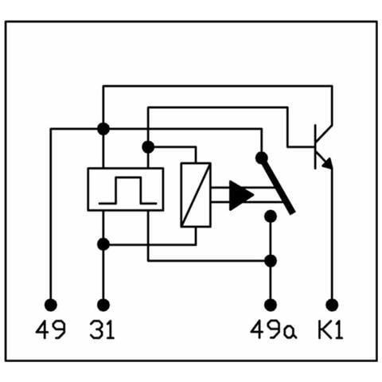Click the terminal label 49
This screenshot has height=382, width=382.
[x=50, y=329]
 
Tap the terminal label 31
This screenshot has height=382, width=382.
[x=103, y=329]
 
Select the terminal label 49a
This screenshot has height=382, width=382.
[x=274, y=329]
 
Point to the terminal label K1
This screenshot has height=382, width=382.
[x=330, y=329]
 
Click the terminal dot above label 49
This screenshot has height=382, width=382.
[x=51, y=305]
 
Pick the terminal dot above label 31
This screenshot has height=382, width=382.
[x=103, y=305]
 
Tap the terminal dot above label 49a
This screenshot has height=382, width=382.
[x=271, y=305]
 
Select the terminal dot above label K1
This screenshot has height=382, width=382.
[x=332, y=305]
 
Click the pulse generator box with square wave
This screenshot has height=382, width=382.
[x=126, y=189]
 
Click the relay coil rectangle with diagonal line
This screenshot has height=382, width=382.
[x=196, y=195]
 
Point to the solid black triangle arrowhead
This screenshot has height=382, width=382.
[x=241, y=196]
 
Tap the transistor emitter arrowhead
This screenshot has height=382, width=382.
[x=328, y=164]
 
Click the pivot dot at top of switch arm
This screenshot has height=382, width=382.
[x=262, y=158]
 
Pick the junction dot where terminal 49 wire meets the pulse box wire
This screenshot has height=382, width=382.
[x=103, y=129]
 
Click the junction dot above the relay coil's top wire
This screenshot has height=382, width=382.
[x=148, y=147]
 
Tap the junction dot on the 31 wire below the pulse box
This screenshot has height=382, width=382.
[x=103, y=244]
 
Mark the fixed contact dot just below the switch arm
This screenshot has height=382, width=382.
[x=271, y=216]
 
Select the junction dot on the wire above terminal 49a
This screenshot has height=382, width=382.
[x=271, y=261]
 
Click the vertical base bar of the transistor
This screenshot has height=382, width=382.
[x=315, y=146]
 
